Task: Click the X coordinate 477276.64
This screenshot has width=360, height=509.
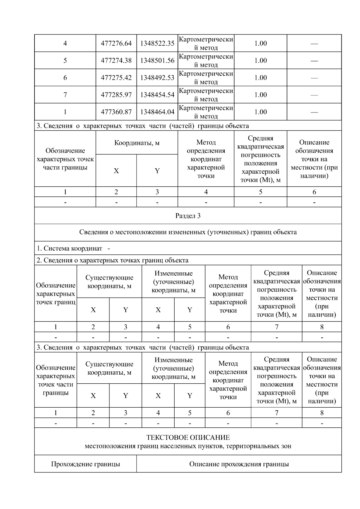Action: click(116, 43)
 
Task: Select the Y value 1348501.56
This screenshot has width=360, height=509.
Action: click(157, 61)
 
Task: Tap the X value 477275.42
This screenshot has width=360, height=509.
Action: click(116, 78)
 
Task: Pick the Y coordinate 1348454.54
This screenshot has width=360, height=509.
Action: click(157, 95)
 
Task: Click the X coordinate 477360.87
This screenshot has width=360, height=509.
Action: click(116, 112)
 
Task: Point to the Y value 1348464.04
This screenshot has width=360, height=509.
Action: click(157, 112)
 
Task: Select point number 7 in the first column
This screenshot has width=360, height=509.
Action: click(65, 95)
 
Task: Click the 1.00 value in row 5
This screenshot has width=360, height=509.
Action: click(260, 61)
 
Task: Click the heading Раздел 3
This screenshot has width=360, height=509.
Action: click(188, 216)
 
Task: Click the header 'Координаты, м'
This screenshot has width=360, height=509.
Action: click(137, 143)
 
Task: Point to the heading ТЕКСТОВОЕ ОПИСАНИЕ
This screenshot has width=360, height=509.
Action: click(188, 437)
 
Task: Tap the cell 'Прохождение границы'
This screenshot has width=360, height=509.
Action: click(85, 464)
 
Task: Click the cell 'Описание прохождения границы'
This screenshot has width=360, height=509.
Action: click(239, 464)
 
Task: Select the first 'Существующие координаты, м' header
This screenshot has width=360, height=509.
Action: click(109, 282)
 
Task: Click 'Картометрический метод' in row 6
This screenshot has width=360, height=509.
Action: click(206, 78)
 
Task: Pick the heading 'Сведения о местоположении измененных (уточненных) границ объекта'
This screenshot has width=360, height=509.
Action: click(188, 232)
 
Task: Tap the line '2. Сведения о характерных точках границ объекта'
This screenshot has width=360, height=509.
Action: click(112, 260)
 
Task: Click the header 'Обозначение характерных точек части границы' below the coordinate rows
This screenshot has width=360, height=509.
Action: click(65, 159)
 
